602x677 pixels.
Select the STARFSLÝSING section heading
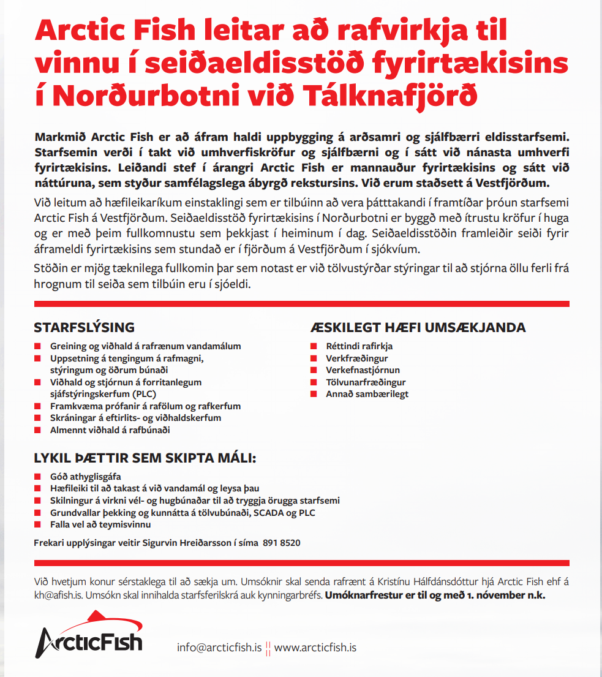84,327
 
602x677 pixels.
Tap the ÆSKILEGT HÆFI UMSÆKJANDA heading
418,327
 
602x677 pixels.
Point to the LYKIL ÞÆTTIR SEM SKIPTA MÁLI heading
145,458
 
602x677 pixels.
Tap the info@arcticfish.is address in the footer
219,648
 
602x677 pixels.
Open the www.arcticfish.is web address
315,648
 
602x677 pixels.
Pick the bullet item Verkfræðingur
356,358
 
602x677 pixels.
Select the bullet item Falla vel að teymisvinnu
100,524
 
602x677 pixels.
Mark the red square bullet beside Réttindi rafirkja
313,347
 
